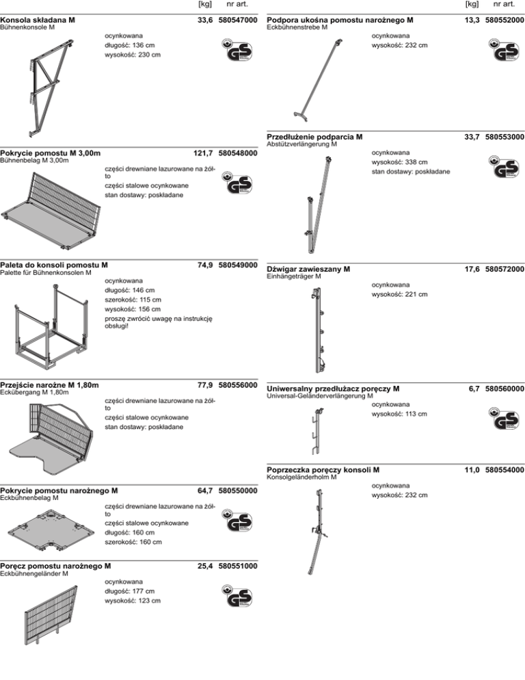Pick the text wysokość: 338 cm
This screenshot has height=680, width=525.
[x=399, y=161]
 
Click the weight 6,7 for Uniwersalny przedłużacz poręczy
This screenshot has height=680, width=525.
[x=473, y=389]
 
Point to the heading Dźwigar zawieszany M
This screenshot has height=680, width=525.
[x=308, y=269]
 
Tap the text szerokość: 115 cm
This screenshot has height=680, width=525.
[x=133, y=299]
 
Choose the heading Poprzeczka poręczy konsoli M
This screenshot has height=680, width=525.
[x=323, y=470]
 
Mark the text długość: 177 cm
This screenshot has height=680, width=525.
[x=129, y=591]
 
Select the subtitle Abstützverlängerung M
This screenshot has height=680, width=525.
[x=301, y=144]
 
